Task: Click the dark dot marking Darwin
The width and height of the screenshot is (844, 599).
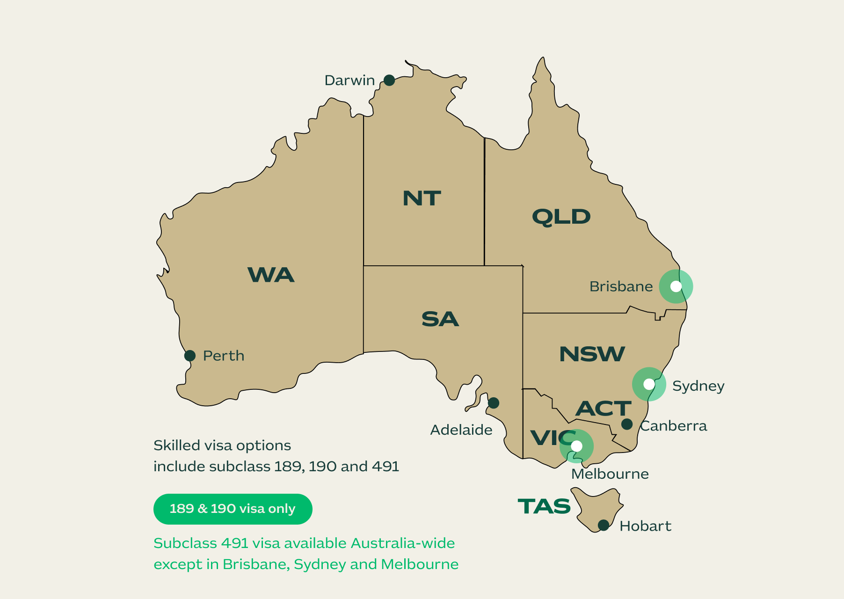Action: tap(389, 80)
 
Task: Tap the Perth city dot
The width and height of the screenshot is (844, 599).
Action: tap(190, 356)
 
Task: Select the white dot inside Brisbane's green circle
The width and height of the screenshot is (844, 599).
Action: tap(676, 286)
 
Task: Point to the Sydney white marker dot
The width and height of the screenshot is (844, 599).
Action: tap(649, 384)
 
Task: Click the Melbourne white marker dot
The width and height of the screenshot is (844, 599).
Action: tap(577, 446)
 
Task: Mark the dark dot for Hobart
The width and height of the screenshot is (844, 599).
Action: tap(604, 525)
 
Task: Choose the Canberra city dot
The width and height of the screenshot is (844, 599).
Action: tap(627, 424)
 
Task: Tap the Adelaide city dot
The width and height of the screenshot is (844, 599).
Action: tap(494, 402)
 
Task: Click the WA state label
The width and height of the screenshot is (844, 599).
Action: tap(271, 275)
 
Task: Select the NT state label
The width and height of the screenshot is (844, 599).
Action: tap(422, 198)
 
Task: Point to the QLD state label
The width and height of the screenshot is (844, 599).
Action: tap(561, 217)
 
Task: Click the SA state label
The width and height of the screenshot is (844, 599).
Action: tap(440, 319)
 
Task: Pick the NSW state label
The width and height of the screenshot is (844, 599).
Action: tap(592, 354)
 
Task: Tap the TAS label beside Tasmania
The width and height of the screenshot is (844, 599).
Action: tap(544, 506)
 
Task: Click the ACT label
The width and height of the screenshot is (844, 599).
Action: tap(603, 409)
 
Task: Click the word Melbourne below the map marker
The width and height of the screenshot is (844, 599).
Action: tap(610, 474)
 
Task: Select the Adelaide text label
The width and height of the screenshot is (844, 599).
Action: tap(461, 430)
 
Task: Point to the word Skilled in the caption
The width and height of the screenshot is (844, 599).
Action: tap(177, 446)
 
